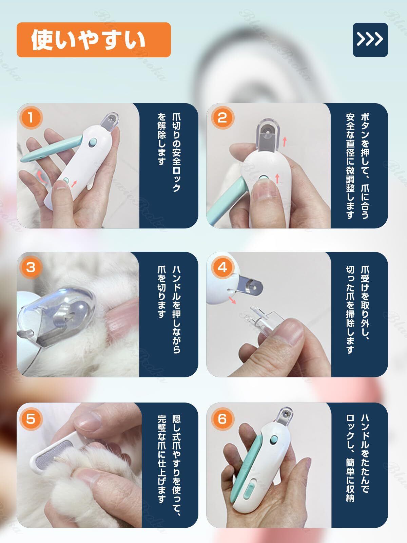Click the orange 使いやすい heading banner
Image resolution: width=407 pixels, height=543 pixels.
94,40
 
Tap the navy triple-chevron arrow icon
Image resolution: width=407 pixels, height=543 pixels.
370,40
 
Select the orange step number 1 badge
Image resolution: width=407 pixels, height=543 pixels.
31,117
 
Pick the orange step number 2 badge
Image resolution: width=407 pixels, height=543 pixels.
222,117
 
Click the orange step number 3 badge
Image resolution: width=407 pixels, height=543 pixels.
31,267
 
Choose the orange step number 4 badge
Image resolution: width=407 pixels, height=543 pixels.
222,267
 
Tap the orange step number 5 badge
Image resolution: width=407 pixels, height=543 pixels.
31,418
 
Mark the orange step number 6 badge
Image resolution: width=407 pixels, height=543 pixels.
222,418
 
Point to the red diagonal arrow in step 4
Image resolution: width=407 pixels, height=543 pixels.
232,300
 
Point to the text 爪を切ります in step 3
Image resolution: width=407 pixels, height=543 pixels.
161,292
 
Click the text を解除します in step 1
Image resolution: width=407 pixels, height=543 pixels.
161,139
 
